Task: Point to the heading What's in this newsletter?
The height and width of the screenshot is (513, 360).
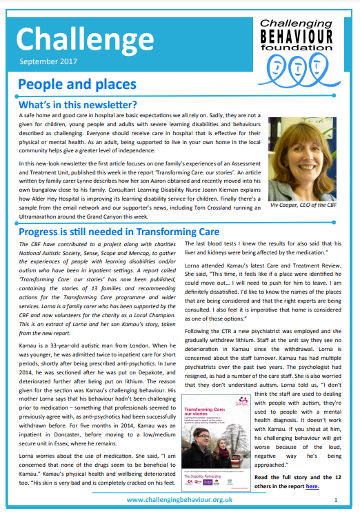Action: [78, 105]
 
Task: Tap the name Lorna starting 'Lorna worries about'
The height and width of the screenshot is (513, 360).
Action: [28, 437]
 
